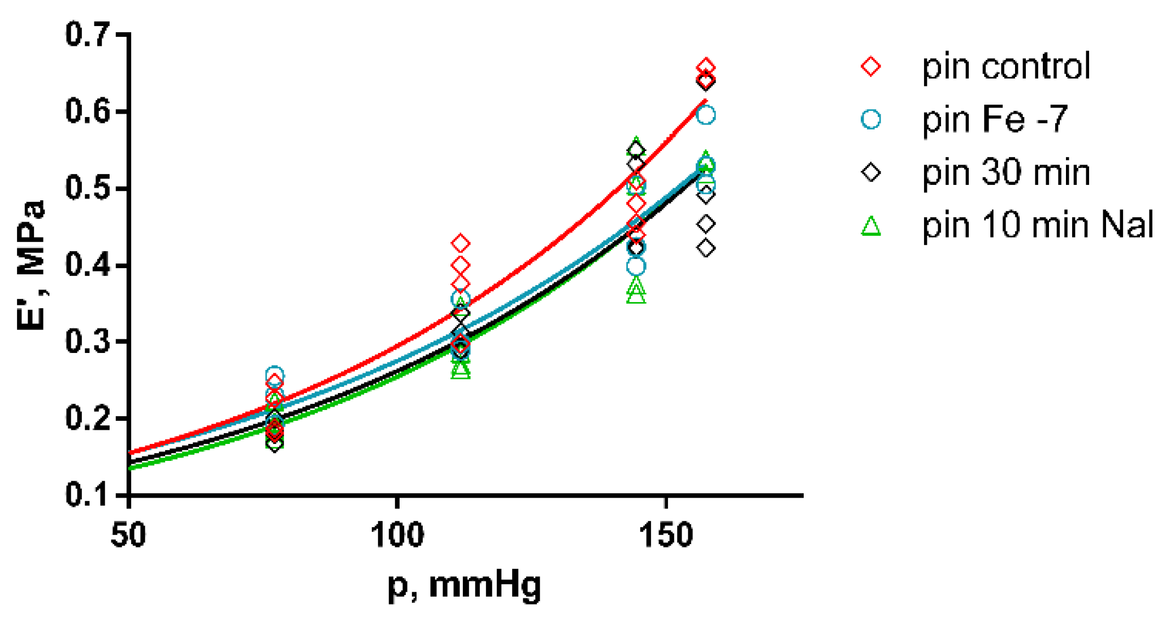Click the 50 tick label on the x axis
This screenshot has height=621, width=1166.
[x=129, y=534]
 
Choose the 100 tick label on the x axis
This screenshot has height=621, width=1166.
[x=397, y=534]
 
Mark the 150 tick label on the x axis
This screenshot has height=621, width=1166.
[x=666, y=534]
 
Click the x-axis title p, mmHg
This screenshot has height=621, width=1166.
[x=465, y=585]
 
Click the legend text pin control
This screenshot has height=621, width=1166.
[x=1006, y=67]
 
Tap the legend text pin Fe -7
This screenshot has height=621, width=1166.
[x=995, y=119]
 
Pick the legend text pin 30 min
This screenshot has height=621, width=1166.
[x=1006, y=172]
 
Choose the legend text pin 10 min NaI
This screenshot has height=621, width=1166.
[x=1038, y=225]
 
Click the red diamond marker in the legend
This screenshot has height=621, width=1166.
[x=871, y=67]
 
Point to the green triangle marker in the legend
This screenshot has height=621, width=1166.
[x=871, y=226]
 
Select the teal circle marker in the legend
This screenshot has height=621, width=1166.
[x=871, y=119]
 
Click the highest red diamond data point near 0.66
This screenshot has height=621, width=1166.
[x=705, y=67]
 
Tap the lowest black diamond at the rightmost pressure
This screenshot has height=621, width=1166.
[x=705, y=248]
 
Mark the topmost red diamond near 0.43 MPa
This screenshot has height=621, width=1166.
[x=461, y=244]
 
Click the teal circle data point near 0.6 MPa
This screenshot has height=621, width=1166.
[x=705, y=115]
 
